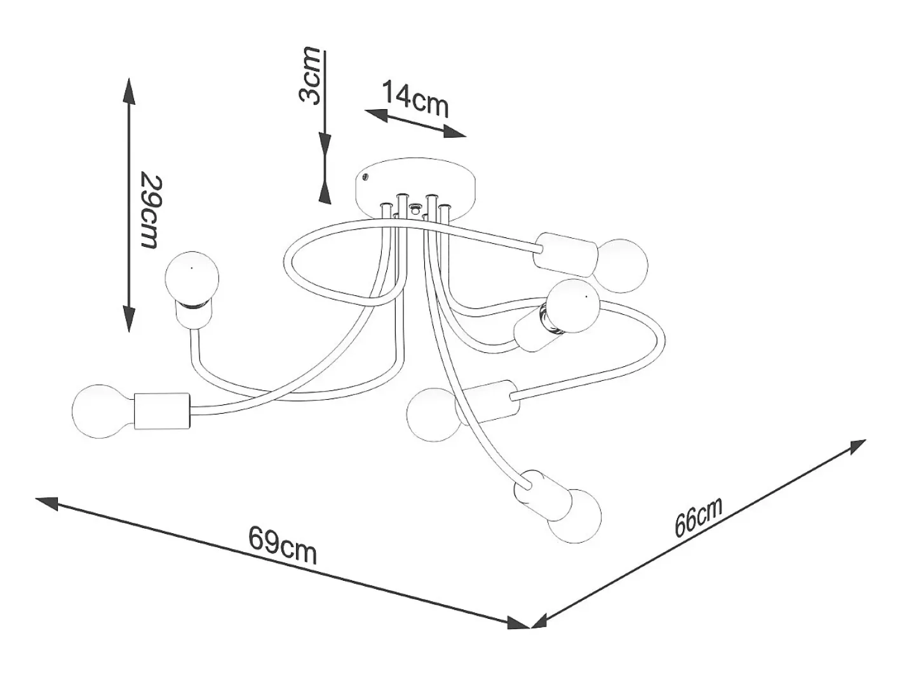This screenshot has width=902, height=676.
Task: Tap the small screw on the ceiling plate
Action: click(x=365, y=176)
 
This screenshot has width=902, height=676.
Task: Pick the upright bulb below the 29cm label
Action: click(x=191, y=278)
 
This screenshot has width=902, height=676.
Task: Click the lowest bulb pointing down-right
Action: click(x=574, y=517)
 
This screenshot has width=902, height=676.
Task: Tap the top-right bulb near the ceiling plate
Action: click(x=622, y=266)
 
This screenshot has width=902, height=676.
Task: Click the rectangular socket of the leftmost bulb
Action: click(x=163, y=411)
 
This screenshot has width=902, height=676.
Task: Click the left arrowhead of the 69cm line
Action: click(x=48, y=503)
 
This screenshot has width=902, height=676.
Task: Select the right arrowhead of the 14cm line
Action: click(x=455, y=131)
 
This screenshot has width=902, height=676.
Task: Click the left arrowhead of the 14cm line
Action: click(x=377, y=114)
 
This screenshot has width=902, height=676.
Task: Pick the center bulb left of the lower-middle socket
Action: click(x=434, y=414)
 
